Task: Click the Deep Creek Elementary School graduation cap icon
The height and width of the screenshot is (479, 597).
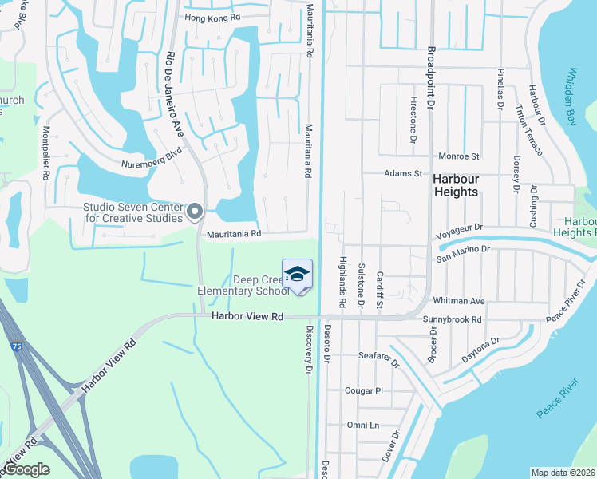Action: click(x=297, y=274)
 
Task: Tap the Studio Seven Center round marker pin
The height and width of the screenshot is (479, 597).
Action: click(x=196, y=212)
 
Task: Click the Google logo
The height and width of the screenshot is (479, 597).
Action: click(x=26, y=470)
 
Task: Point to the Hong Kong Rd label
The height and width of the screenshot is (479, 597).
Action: click(x=212, y=18)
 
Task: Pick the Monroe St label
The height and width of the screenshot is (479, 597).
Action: click(x=458, y=156)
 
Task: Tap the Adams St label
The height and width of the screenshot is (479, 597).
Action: click(x=402, y=173)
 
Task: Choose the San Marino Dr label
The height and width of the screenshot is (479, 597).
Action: click(x=463, y=249)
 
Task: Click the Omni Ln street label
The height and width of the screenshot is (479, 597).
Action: click(x=363, y=425)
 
